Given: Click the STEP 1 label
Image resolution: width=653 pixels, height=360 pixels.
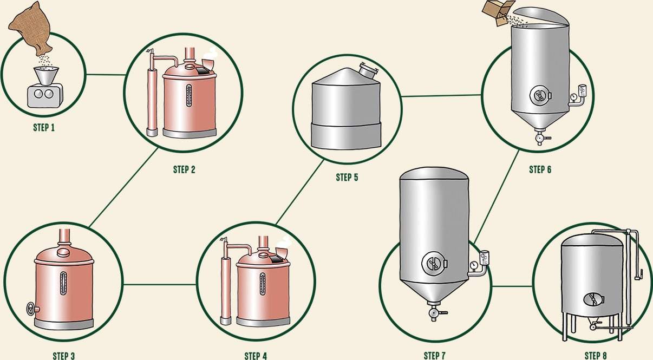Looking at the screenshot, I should (43, 128).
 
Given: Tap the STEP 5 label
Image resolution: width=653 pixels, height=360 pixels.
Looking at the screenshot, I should (347, 177).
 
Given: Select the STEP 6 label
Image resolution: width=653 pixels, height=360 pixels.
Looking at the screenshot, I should (540, 169).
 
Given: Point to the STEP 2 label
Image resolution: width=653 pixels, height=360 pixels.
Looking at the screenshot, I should (184, 169).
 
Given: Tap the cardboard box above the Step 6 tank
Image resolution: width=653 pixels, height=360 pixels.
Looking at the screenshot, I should (498, 12).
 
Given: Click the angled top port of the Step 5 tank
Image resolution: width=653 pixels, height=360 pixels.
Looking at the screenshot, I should (367, 71).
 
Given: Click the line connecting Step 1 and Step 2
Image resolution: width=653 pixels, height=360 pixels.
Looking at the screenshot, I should (105, 74).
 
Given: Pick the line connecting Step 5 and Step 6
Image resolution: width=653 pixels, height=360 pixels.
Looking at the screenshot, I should (441, 96).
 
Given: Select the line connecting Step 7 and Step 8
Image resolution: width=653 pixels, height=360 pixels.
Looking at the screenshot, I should (512, 286).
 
